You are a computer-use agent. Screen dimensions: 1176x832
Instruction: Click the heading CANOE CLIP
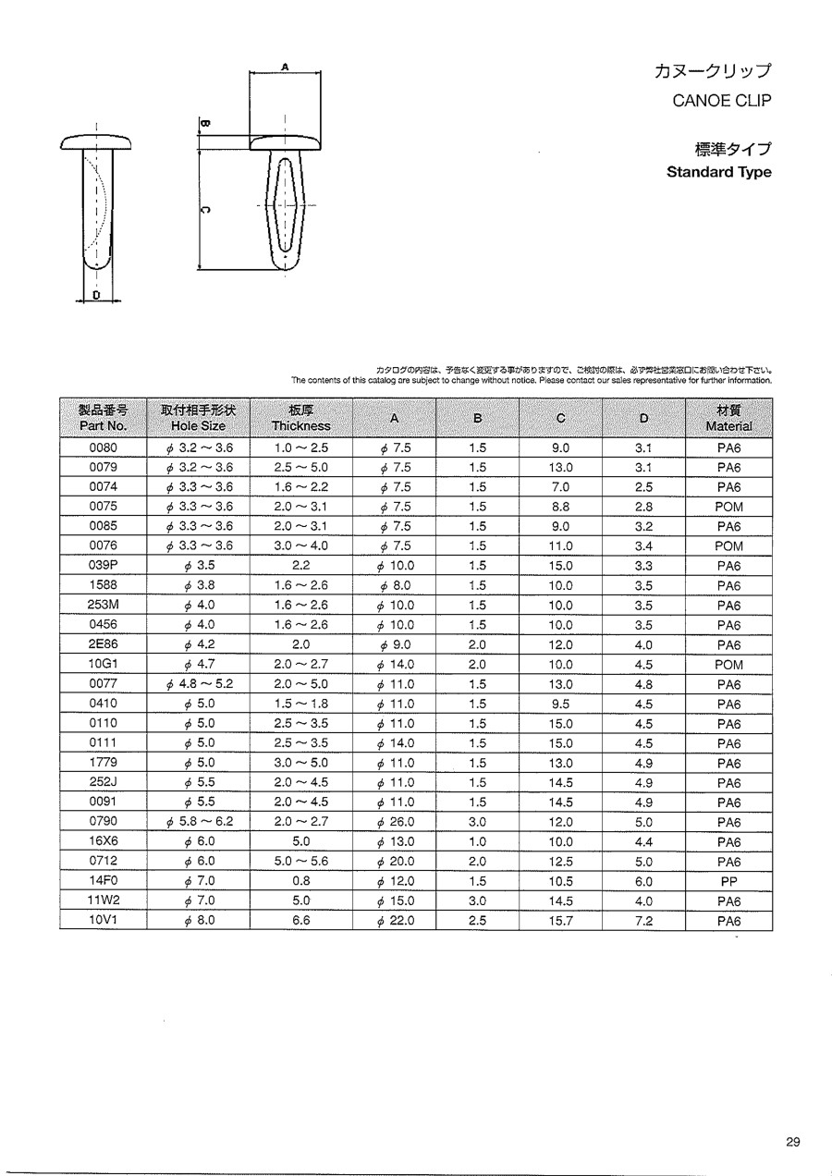click(721, 101)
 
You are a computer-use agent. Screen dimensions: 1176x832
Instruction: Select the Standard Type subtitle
click(718, 172)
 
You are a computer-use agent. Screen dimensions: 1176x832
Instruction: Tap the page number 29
click(793, 1141)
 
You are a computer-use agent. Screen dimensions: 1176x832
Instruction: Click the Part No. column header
click(103, 418)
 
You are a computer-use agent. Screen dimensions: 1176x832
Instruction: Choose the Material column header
click(728, 418)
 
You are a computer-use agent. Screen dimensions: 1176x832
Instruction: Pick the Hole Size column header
click(199, 418)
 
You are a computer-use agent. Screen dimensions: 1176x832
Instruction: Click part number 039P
click(103, 566)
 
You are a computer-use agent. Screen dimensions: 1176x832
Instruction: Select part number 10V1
click(103, 921)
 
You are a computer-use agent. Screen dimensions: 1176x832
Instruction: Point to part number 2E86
click(103, 644)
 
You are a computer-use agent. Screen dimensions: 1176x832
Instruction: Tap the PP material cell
click(728, 881)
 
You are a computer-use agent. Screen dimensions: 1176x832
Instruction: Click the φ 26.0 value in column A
click(396, 822)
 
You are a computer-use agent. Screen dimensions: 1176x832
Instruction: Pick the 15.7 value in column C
click(560, 921)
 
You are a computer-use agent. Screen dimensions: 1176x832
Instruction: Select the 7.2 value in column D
click(643, 921)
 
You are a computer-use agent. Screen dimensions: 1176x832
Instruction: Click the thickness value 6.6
click(300, 921)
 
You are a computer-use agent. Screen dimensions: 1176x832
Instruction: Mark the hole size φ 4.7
click(199, 665)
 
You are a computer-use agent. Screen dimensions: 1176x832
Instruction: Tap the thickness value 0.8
click(300, 881)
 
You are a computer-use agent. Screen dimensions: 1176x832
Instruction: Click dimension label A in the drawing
click(285, 67)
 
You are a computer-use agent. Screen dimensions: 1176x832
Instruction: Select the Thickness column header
click(300, 418)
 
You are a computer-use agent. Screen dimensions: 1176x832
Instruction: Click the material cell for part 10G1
click(728, 665)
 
